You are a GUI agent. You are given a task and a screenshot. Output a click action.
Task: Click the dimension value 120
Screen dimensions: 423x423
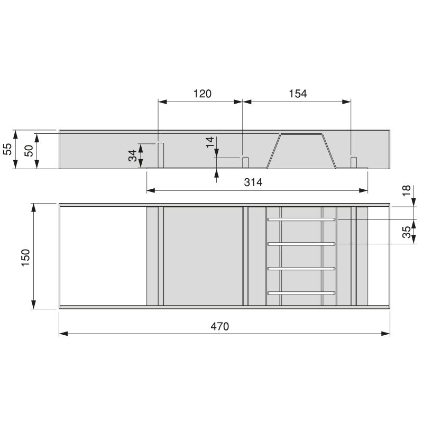[x=202, y=94]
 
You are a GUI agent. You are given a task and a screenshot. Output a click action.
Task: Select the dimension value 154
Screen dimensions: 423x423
[x=298, y=94]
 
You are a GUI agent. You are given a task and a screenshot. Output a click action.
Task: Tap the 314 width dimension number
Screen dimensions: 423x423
[x=253, y=182]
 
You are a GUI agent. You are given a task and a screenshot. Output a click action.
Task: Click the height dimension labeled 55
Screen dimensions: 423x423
[x=7, y=150]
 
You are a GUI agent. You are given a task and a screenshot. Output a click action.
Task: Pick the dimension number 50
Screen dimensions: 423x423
[x=29, y=150]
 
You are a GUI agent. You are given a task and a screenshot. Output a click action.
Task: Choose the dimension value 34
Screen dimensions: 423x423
[x=132, y=155]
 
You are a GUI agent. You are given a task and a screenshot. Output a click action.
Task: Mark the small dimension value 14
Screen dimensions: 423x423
[x=210, y=142]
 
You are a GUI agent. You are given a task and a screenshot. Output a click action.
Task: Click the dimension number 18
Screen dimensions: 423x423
[x=406, y=191]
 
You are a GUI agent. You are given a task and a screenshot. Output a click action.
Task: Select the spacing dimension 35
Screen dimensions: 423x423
[x=406, y=232]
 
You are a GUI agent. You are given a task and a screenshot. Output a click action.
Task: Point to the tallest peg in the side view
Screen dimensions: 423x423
[x=161, y=155]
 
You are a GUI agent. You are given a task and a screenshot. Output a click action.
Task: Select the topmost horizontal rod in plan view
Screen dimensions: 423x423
[x=301, y=219]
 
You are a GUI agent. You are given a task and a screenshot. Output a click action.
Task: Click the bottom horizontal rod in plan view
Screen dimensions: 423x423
[x=301, y=292]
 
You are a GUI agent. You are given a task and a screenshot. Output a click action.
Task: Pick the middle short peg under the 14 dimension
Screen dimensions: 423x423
[x=245, y=162]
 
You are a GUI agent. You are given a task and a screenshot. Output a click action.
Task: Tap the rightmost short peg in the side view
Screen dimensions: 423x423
[x=354, y=162]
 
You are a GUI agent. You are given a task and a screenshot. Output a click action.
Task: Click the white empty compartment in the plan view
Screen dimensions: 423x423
[x=103, y=256]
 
